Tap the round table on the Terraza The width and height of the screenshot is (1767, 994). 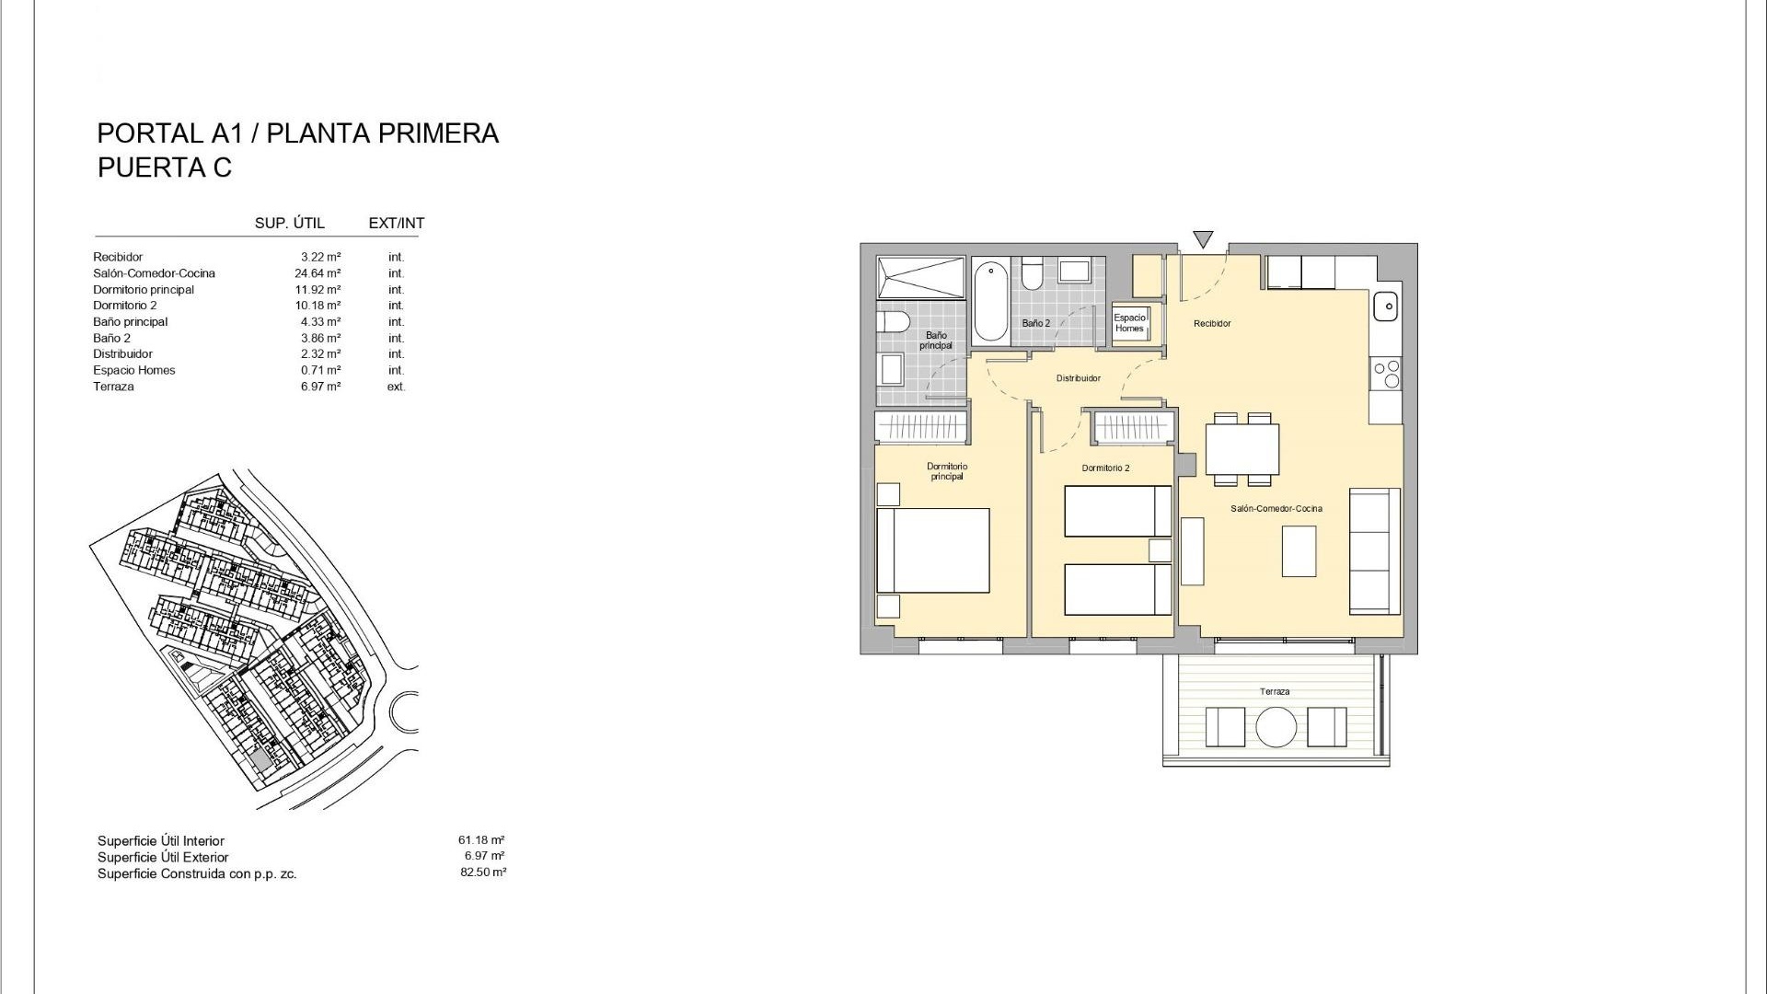point(1276,726)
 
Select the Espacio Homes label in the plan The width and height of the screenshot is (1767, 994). point(1129,323)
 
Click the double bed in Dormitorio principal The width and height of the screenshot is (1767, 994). point(932,550)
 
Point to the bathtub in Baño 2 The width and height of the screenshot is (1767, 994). point(990,300)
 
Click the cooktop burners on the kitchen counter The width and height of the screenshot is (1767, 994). point(1386,373)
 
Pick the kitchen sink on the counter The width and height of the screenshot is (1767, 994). point(1385,305)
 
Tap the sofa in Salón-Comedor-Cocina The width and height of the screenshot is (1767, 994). point(1375,551)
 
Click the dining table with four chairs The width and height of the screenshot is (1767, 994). point(1242,449)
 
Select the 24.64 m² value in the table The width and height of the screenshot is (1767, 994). point(320,273)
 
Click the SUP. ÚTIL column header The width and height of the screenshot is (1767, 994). point(290,223)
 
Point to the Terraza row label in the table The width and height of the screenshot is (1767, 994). point(113,387)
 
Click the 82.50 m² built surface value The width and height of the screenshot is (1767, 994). point(483,873)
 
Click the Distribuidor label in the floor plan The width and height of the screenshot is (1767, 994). point(1079,378)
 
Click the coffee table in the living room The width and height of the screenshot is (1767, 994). point(1299,550)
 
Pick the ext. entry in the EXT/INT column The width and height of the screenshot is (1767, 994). point(396,387)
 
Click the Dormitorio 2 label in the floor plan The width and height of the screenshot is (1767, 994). point(1105,468)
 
